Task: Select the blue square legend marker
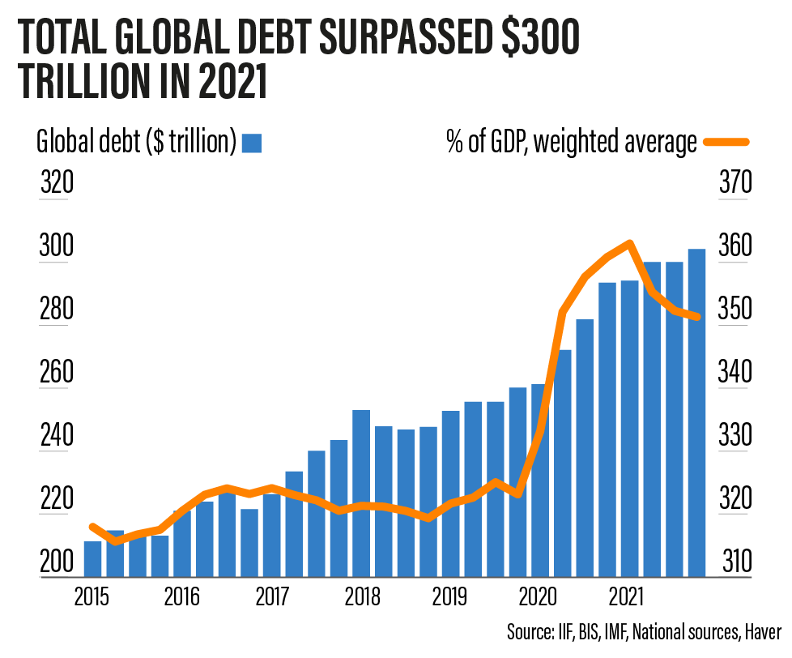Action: pyautogui.click(x=253, y=143)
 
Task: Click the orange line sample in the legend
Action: pyautogui.click(x=728, y=143)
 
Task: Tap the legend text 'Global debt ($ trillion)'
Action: pyautogui.click(x=137, y=143)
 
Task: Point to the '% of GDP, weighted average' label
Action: pyautogui.click(x=572, y=143)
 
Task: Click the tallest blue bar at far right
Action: pyautogui.click(x=696, y=413)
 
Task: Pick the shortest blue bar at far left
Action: pyautogui.click(x=93, y=559)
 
